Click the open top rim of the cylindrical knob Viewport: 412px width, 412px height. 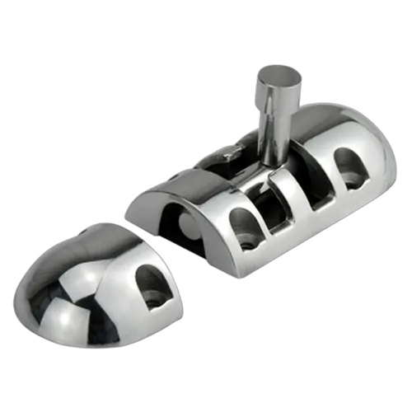pyautogui.click(x=276, y=75)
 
